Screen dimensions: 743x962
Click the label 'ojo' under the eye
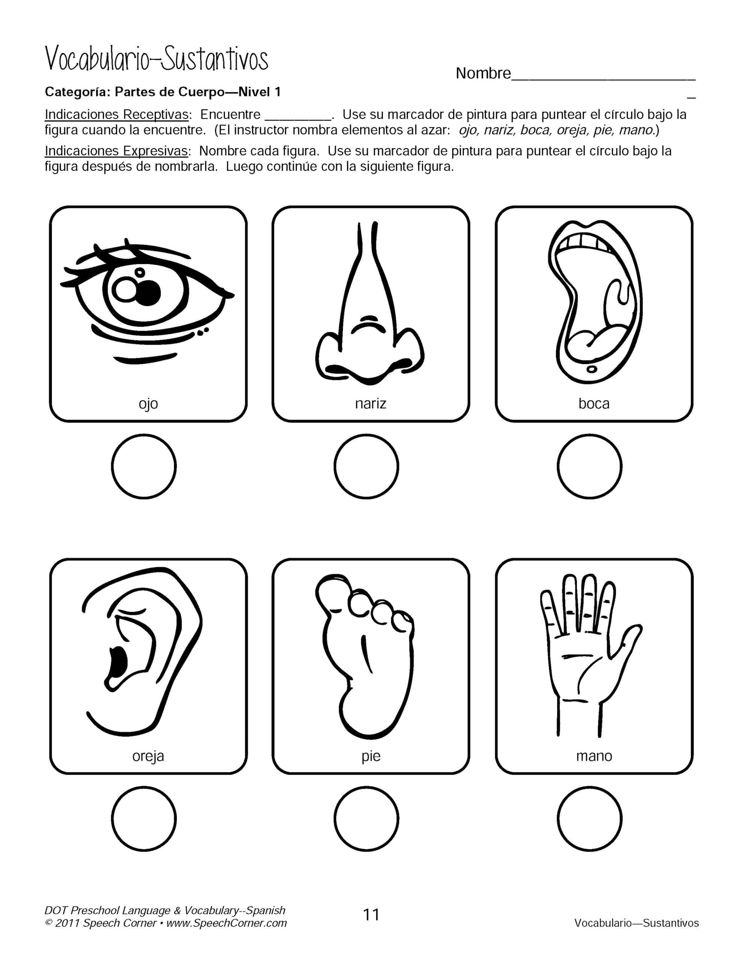148,404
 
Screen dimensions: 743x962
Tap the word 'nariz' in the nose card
371,404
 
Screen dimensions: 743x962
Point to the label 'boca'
594,404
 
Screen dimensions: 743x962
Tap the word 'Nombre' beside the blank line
483,73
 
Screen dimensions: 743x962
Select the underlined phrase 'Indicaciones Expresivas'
117,151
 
